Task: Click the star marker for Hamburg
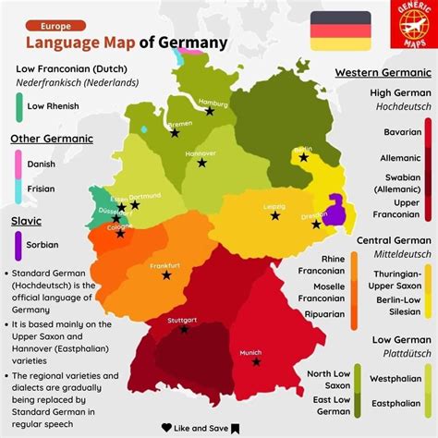tap(210, 111)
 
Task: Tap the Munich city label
tap(250, 352)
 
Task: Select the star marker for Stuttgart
tap(184, 329)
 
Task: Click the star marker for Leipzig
tap(275, 215)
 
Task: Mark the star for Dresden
tap(316, 224)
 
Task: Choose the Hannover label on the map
tap(201, 153)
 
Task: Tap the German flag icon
tap(340, 30)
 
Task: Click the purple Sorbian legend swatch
tap(18, 245)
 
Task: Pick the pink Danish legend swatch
tap(18, 164)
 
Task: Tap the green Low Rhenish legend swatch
tap(18, 106)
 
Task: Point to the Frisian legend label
tap(43, 190)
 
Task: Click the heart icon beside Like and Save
tap(166, 427)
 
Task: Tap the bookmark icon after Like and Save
tap(236, 427)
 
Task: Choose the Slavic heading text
tap(26, 222)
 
